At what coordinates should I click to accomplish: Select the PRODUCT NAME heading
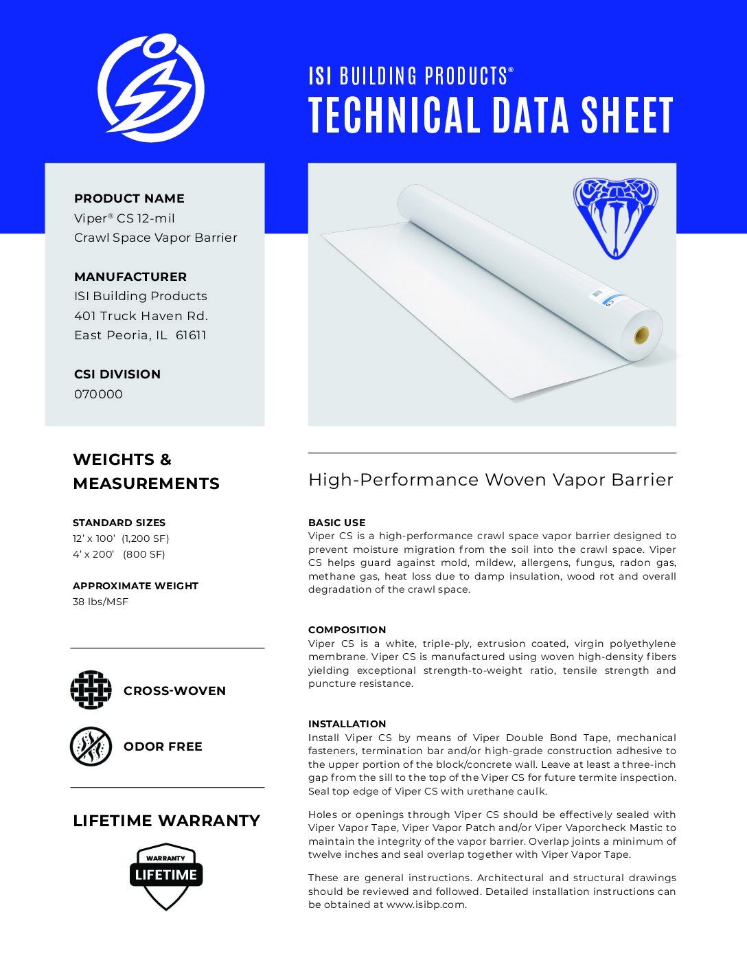(x=129, y=198)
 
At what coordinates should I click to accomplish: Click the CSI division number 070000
(x=98, y=394)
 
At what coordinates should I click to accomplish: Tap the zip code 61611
(x=191, y=335)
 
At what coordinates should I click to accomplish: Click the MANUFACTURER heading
(x=130, y=277)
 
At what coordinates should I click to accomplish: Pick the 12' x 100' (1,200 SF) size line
(x=121, y=538)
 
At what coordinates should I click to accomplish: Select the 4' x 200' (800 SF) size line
(x=119, y=554)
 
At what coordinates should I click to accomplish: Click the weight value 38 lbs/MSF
(x=100, y=602)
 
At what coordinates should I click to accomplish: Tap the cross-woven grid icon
(x=91, y=690)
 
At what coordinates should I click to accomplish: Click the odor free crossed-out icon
(x=91, y=746)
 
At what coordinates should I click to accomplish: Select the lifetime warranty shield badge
(x=166, y=876)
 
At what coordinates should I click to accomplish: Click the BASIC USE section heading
(x=336, y=523)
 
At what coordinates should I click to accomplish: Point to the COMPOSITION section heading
(x=347, y=630)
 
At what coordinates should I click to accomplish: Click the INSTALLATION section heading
(x=347, y=724)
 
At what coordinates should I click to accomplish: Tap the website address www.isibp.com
(x=426, y=905)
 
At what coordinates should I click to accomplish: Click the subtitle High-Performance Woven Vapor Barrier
(x=490, y=479)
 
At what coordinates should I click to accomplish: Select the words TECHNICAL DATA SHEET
(x=491, y=115)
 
